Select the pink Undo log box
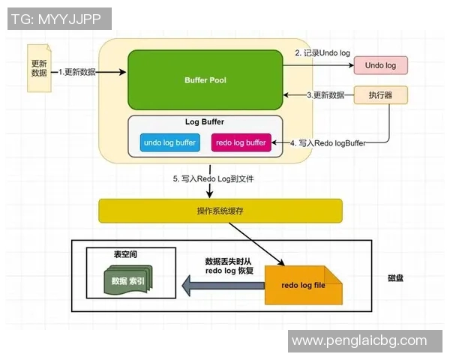click(380, 65)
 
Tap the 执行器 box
click(380, 96)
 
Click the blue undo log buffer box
click(169, 142)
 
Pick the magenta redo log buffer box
click(241, 142)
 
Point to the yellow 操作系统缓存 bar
click(220, 211)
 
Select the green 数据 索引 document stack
click(128, 281)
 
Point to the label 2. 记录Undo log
click(322, 52)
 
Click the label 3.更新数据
click(325, 95)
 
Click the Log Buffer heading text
click(205, 121)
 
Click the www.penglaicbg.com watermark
click(359, 341)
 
